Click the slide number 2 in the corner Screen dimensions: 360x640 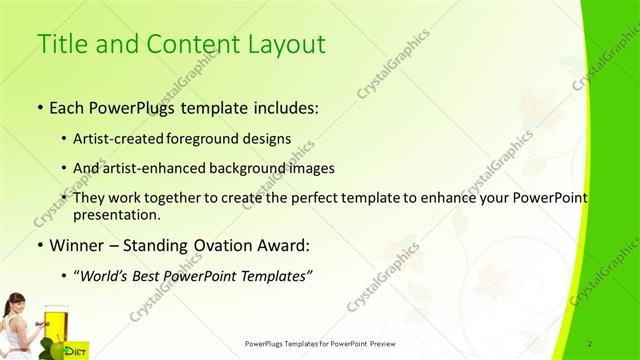click(x=591, y=343)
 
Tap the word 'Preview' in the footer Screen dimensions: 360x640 click(x=385, y=343)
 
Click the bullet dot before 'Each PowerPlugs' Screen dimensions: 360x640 click(x=39, y=106)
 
